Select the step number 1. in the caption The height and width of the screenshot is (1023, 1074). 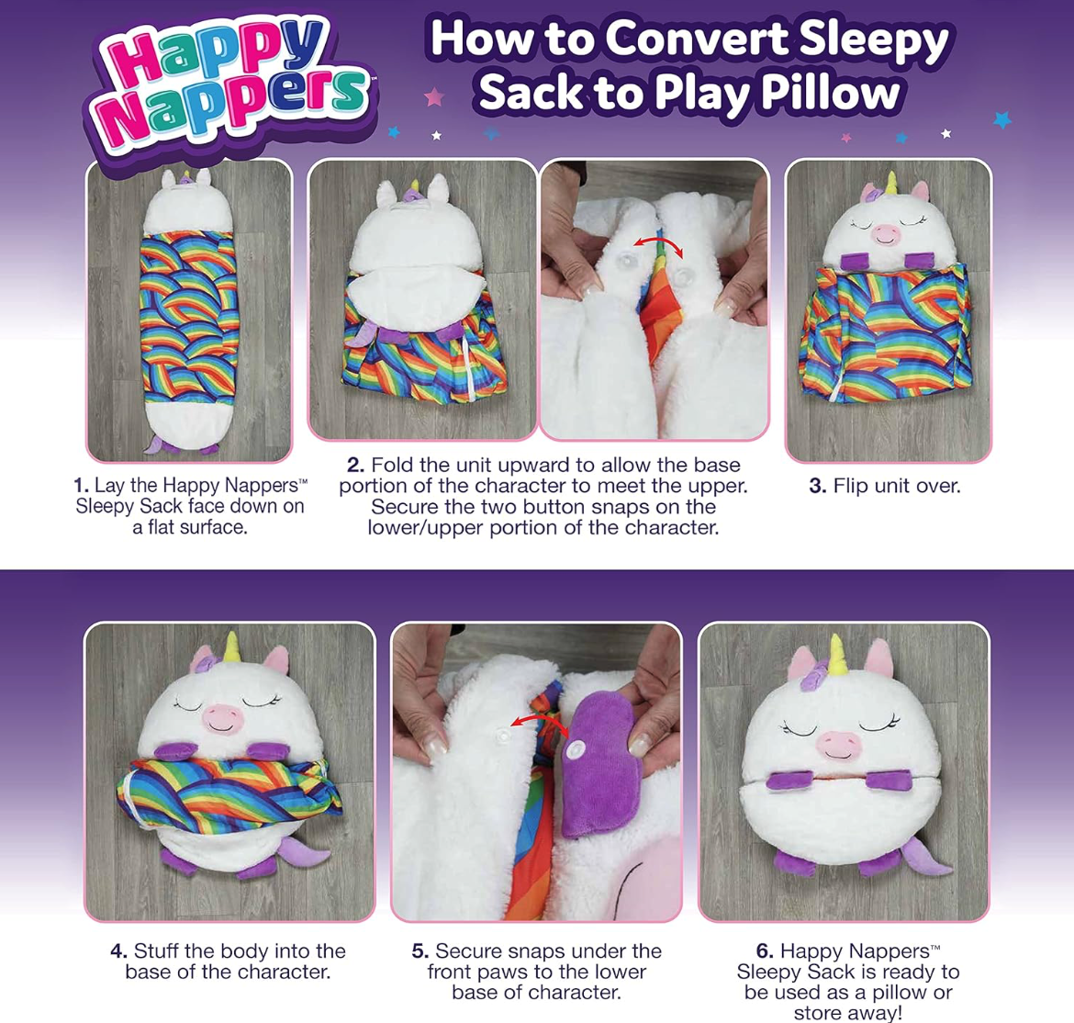point(82,486)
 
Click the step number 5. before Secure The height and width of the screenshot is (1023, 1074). point(420,951)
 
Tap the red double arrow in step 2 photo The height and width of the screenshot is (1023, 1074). point(658,245)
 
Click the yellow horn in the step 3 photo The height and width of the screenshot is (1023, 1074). point(891,182)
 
